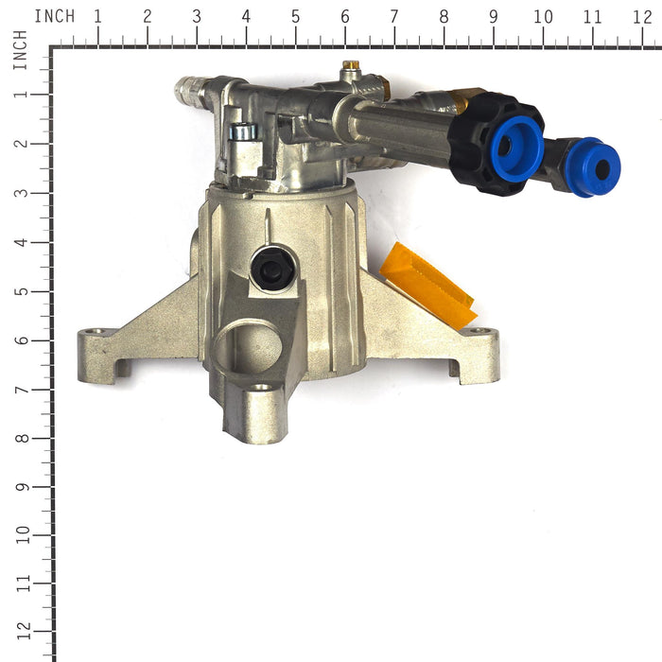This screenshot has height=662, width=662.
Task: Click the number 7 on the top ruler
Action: click(x=394, y=17)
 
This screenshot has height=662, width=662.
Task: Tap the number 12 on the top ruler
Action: click(x=642, y=17)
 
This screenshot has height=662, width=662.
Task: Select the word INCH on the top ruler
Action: click(x=55, y=16)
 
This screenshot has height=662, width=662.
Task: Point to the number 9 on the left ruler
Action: click(x=23, y=487)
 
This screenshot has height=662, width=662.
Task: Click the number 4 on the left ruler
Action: click(x=23, y=242)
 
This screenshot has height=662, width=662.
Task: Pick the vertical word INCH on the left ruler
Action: click(x=20, y=50)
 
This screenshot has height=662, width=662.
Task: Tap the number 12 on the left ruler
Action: click(x=23, y=632)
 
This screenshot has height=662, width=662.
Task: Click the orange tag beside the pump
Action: click(x=428, y=286)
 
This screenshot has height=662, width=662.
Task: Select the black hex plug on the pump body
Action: click(x=272, y=269)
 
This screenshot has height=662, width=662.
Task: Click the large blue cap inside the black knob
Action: click(x=516, y=148)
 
